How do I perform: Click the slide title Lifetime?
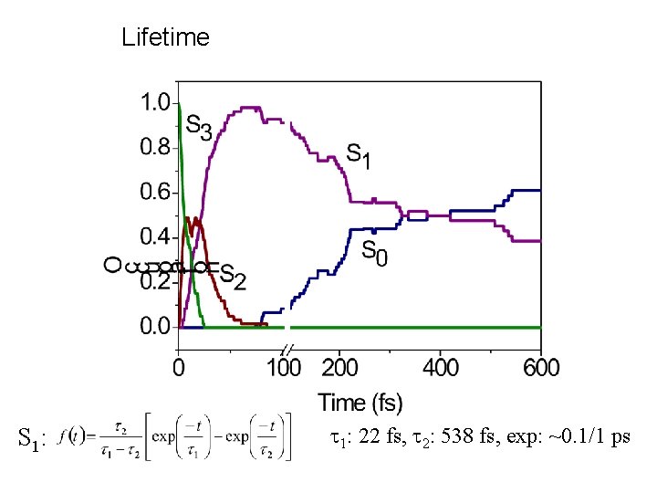(165, 37)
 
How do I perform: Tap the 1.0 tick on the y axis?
(155, 103)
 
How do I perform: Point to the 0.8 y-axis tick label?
(155, 148)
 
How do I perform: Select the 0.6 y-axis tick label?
(155, 193)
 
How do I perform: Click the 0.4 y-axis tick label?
(155, 237)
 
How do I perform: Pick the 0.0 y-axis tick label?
(155, 327)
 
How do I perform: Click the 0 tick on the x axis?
(179, 369)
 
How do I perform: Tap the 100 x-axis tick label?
(285, 369)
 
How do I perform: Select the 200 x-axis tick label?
(339, 369)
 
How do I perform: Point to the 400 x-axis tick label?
(441, 369)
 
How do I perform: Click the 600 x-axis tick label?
(541, 369)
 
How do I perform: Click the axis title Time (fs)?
(360, 402)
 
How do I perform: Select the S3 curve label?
(199, 126)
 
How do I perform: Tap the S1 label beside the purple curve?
(359, 156)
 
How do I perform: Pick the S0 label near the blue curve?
(375, 252)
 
